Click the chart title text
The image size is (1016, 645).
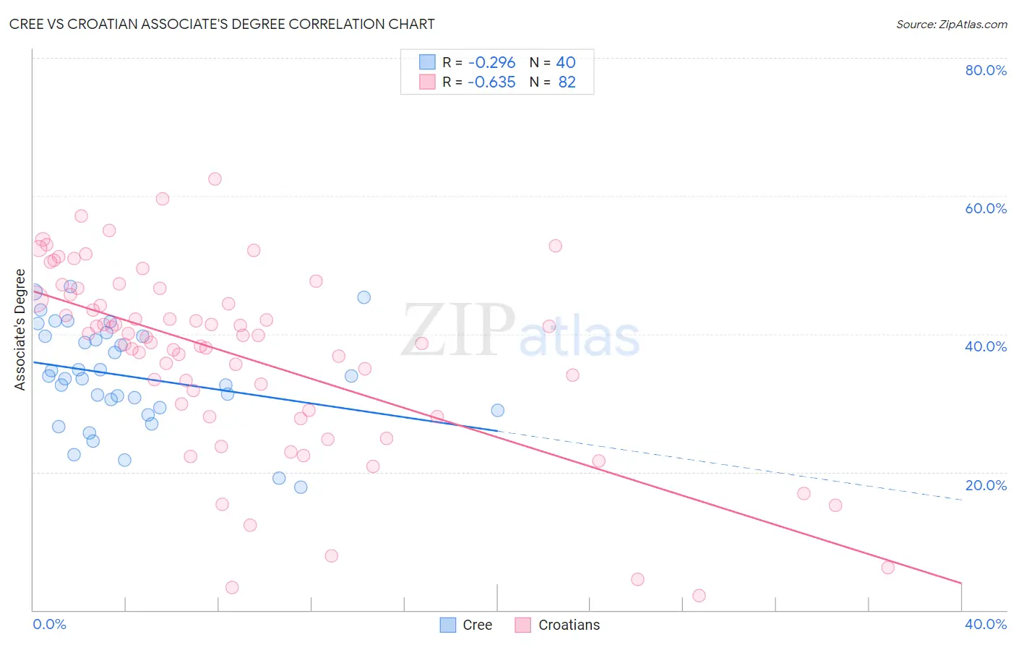pyautogui.click(x=222, y=24)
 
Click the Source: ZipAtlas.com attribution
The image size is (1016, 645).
pyautogui.click(x=951, y=24)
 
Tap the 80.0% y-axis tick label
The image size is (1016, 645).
pyautogui.click(x=985, y=70)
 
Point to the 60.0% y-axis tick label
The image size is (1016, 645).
pyautogui.click(x=985, y=208)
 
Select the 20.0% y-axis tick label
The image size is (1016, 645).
pyautogui.click(x=985, y=485)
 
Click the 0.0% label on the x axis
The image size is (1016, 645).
pyautogui.click(x=49, y=624)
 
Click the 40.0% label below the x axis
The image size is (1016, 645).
pyautogui.click(x=985, y=624)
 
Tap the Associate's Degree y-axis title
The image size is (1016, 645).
pyautogui.click(x=20, y=330)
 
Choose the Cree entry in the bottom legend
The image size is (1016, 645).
pyautogui.click(x=466, y=625)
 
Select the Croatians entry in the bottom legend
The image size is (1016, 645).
pyautogui.click(x=557, y=625)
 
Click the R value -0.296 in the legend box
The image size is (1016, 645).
pyautogui.click(x=491, y=63)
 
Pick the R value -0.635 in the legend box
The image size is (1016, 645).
pyautogui.click(x=491, y=82)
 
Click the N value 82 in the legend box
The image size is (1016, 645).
pyautogui.click(x=567, y=82)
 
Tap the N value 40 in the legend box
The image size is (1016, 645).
pyautogui.click(x=565, y=63)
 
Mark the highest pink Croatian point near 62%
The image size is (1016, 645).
pyautogui.click(x=215, y=179)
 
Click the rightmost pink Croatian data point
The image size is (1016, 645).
pyautogui.click(x=887, y=568)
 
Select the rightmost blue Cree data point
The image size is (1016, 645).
pyautogui.click(x=497, y=410)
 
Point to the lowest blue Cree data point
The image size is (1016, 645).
pyautogui.click(x=301, y=487)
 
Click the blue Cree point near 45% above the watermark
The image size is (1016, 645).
pyautogui.click(x=363, y=297)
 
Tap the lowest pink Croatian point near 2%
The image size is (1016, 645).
pyautogui.click(x=699, y=596)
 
